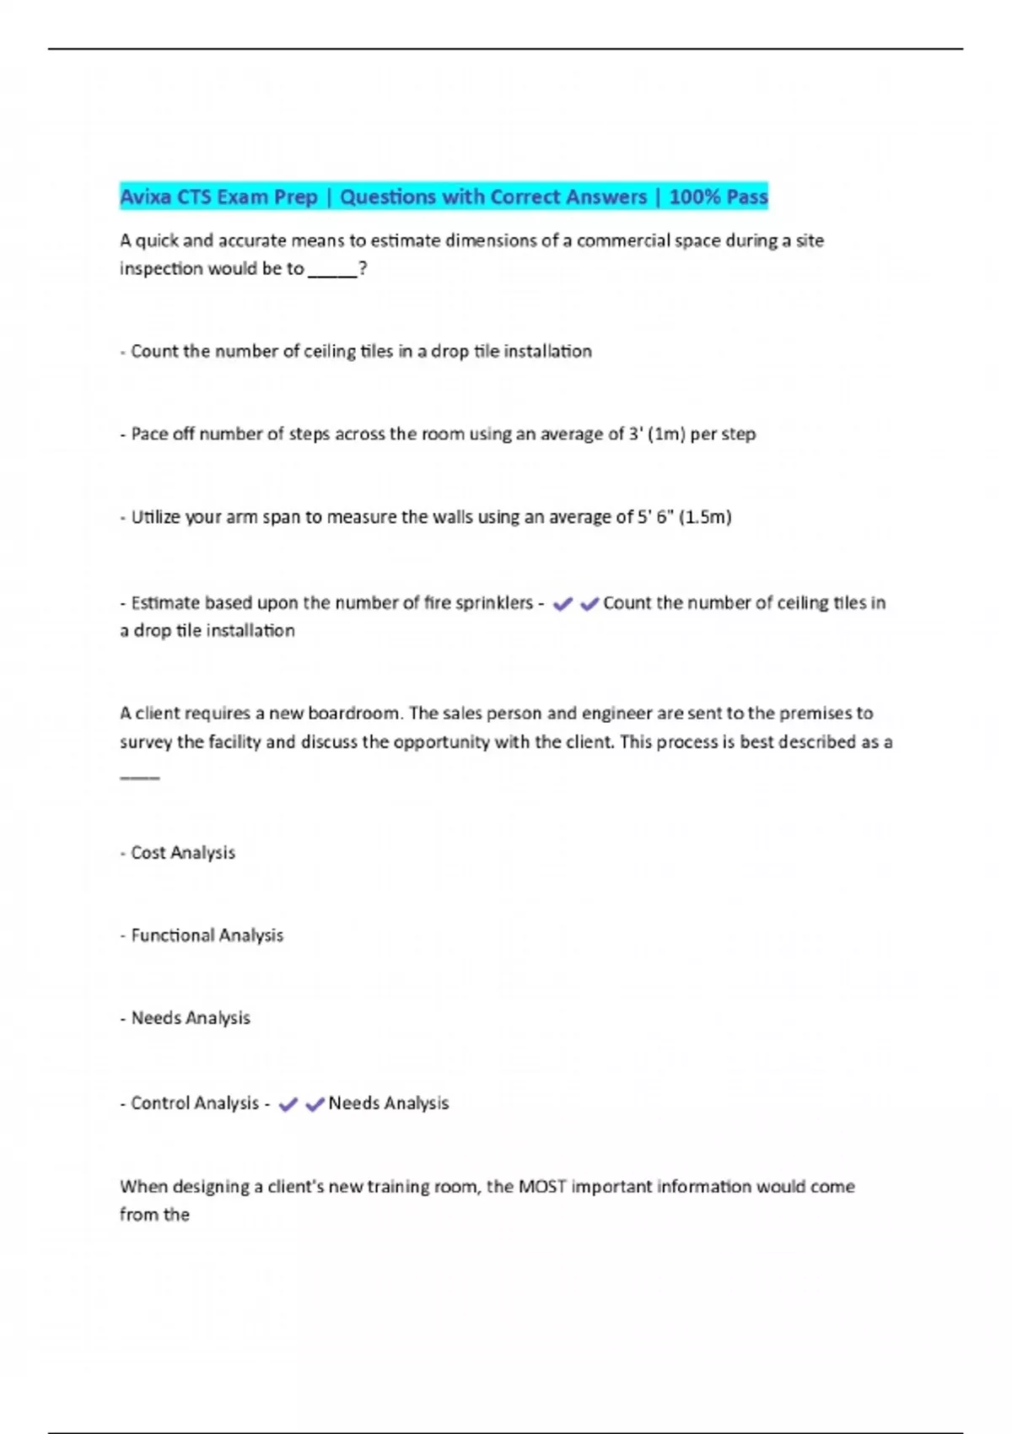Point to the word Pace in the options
pos(149,434)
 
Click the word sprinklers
pos(493,602)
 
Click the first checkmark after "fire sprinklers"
pos(563,603)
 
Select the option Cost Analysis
pos(183,852)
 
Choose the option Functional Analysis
pos(207,935)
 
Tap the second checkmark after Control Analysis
pos(315,1103)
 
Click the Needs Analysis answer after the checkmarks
pos(388,1102)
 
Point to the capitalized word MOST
pos(541,1186)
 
